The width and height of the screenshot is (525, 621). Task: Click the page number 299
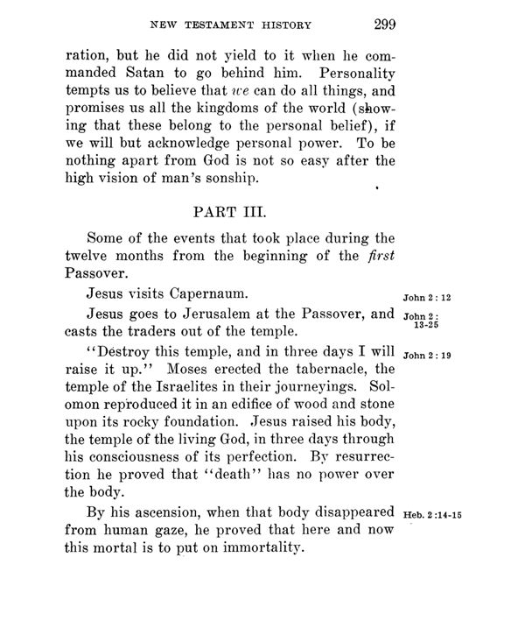[385, 24]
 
